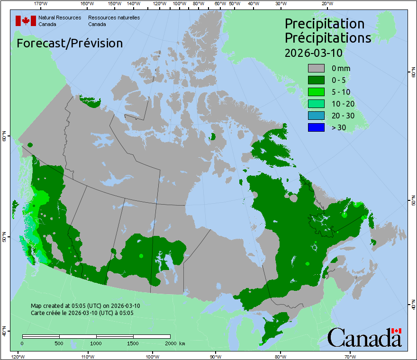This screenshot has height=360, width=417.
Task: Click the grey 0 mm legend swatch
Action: point(316,68)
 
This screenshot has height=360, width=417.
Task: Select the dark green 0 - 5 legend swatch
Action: point(316,80)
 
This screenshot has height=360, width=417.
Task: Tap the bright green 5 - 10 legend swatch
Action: point(316,92)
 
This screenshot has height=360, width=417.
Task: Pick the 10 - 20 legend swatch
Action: point(316,104)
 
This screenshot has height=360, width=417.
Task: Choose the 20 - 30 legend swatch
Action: point(316,116)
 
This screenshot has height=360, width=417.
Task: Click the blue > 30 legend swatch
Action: point(316,127)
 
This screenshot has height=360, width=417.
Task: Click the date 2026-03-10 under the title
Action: point(313,53)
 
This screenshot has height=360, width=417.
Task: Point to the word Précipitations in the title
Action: point(327,38)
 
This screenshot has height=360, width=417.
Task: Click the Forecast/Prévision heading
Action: point(70,43)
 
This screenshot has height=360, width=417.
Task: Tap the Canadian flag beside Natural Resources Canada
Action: point(26,21)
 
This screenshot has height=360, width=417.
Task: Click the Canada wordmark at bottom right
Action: point(364,337)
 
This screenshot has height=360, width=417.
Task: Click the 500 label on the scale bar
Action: point(59,343)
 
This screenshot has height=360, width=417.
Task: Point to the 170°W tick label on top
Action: point(41,4)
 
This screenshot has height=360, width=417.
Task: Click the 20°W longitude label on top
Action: point(326,4)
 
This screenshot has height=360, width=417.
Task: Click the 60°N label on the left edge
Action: point(4,138)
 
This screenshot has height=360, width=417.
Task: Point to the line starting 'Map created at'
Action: point(85,306)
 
